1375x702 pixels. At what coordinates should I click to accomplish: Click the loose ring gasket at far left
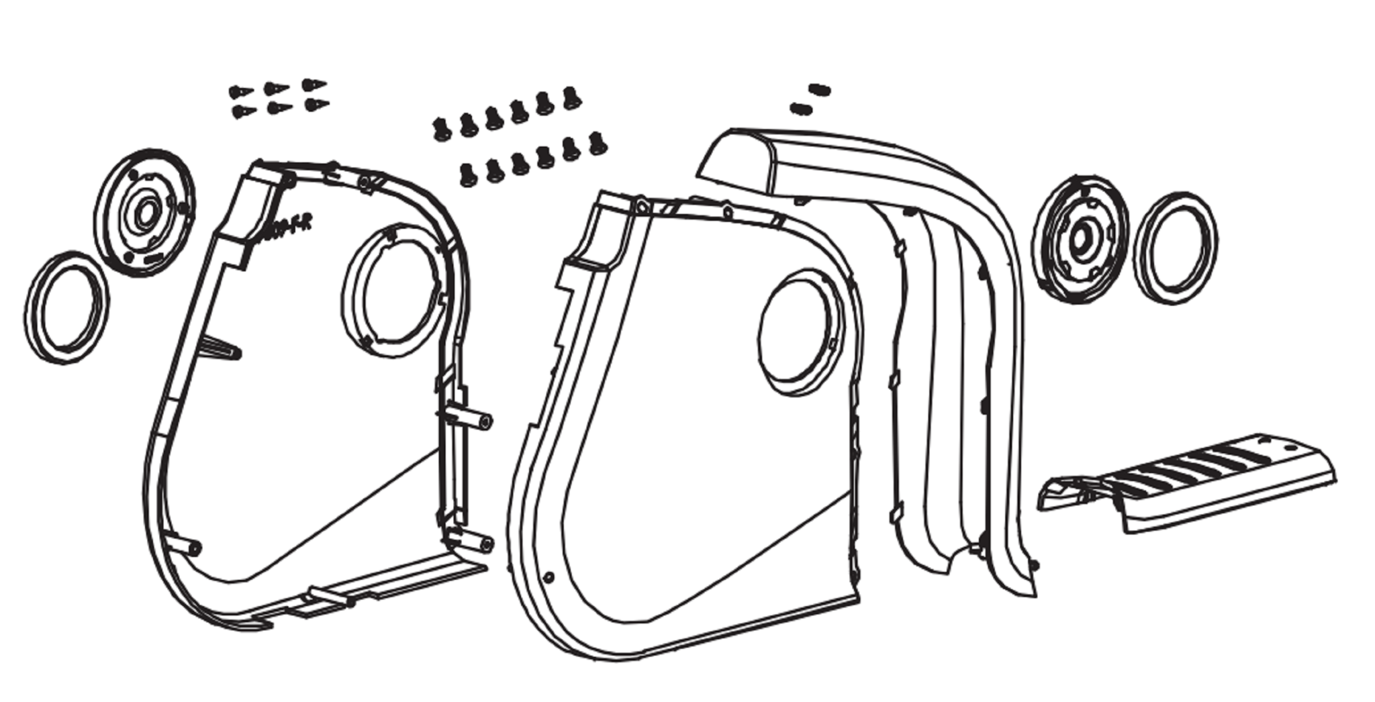(66, 308)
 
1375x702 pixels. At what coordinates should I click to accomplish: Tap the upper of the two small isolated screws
(820, 89)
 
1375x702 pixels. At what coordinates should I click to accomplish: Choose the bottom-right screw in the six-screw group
(316, 105)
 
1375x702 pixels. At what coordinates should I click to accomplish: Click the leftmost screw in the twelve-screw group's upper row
(440, 128)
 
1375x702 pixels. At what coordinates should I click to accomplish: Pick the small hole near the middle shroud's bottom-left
(549, 576)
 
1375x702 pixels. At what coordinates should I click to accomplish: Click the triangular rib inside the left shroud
(218, 349)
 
